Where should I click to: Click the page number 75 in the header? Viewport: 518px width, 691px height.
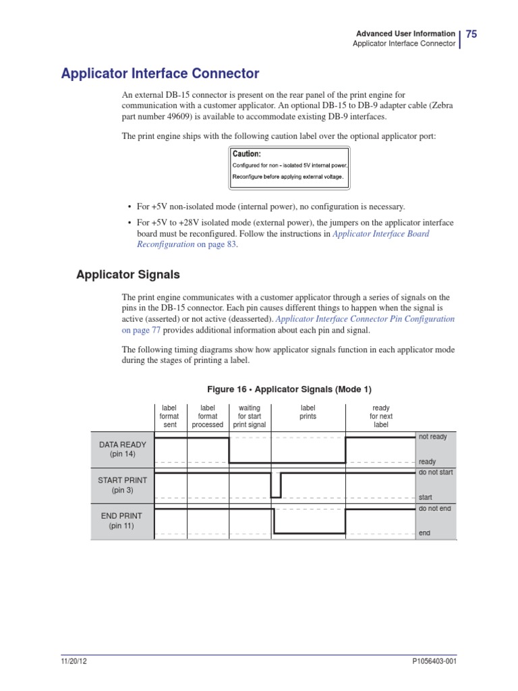[471, 34]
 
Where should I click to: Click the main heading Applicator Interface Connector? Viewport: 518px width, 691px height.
[160, 73]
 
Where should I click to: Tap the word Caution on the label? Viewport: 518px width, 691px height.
[246, 154]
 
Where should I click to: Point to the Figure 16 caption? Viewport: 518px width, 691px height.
[289, 390]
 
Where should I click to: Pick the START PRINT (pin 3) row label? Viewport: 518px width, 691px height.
[122, 485]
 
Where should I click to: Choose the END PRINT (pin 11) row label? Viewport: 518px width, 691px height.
[122, 520]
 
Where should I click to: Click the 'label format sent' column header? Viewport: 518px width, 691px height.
[169, 416]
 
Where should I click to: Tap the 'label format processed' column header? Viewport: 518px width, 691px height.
[208, 416]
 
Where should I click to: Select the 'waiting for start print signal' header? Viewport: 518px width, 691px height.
[250, 416]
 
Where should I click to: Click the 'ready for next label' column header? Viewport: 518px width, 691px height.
[381, 416]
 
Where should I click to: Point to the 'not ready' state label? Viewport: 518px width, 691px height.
[433, 437]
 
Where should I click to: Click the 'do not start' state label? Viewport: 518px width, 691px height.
[436, 472]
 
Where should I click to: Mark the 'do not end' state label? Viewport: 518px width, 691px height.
[435, 508]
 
